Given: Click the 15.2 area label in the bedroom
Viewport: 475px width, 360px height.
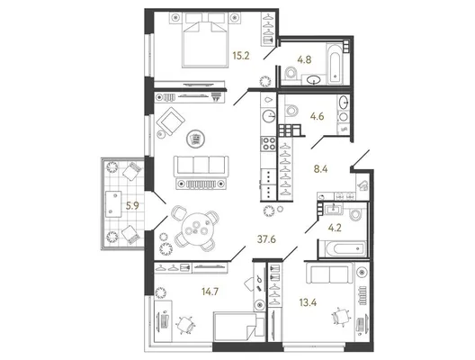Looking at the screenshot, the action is point(241,56).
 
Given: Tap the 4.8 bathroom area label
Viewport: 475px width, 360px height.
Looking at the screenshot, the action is point(304,59).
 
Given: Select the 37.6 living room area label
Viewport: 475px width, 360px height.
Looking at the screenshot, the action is point(266,239).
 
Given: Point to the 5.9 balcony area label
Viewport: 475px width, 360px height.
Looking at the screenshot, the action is point(132,206).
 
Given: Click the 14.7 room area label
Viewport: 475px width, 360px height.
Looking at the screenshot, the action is point(211,292).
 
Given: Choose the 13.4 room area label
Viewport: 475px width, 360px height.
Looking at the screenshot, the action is point(308,302).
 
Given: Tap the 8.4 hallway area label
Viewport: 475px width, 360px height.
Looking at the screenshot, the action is point(321,169).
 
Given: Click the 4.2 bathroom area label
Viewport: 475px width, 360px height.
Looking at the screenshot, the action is point(335,228).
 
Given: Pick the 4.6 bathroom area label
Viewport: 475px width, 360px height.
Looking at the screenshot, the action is point(318,116).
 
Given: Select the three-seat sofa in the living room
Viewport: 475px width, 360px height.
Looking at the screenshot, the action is point(201,166).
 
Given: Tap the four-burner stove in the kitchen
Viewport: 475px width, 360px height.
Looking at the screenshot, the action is point(269,144).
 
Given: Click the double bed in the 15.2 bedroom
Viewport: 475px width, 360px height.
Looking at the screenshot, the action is point(205,40).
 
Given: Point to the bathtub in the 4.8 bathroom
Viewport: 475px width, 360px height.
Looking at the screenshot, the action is point(335,64).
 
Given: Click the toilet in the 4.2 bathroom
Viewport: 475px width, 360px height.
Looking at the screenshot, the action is point(355,213).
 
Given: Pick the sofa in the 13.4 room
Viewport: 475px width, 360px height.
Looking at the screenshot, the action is point(329,273).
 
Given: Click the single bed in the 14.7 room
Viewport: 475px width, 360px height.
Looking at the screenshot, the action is point(239,328).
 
